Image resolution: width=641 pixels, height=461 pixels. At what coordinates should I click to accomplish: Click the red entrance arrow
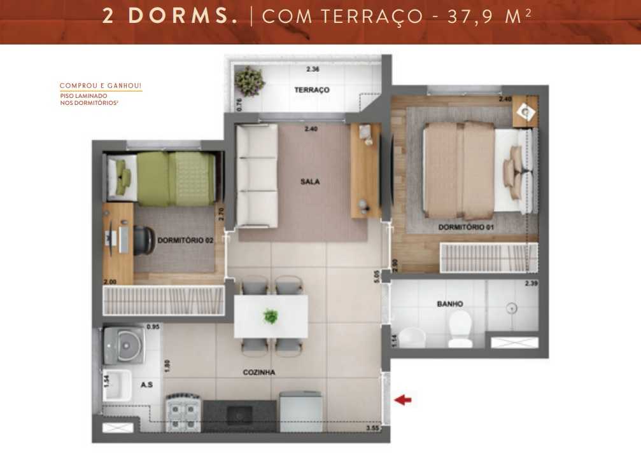pyautogui.click(x=404, y=400)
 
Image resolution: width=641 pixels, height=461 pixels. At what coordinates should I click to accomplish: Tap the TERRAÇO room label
pyautogui.click(x=312, y=90)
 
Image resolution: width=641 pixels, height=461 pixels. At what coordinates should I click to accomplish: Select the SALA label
pyautogui.click(x=310, y=182)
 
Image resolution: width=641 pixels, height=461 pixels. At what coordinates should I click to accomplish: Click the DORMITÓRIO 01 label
pyautogui.click(x=467, y=227)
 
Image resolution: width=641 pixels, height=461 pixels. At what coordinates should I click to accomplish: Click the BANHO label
pyautogui.click(x=450, y=304)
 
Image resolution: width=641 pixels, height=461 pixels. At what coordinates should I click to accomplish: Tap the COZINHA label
pyautogui.click(x=258, y=373)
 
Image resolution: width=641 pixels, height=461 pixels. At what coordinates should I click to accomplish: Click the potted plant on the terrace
pyautogui.click(x=249, y=81)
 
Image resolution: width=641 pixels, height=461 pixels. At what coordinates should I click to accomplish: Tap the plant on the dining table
pyautogui.click(x=271, y=315)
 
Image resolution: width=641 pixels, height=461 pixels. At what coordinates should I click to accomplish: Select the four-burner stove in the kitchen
pyautogui.click(x=184, y=413)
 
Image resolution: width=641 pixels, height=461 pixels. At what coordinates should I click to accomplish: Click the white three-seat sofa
pyautogui.click(x=257, y=175)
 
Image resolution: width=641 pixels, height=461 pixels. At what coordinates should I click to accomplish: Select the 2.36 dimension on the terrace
pyautogui.click(x=312, y=69)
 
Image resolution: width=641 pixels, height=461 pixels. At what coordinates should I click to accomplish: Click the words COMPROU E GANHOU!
pyautogui.click(x=100, y=86)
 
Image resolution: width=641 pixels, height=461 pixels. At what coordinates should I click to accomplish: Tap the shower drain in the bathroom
pyautogui.click(x=510, y=308)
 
